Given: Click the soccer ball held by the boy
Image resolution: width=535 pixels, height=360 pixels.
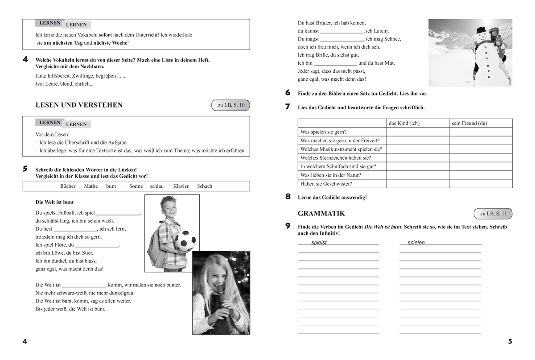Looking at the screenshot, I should pyautogui.click(x=185, y=241).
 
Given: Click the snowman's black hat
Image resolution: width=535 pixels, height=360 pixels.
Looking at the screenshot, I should pyautogui.click(x=481, y=30).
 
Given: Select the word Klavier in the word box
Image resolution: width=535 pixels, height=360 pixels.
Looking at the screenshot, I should pyautogui.click(x=181, y=186).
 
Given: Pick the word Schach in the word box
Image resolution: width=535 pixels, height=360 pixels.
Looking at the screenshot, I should pyautogui.click(x=205, y=186).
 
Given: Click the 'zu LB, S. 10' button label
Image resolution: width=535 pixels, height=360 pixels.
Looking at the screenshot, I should pyautogui.click(x=231, y=105).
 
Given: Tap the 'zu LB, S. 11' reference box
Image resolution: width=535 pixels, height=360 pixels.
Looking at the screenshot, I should pyautogui.click(x=494, y=214).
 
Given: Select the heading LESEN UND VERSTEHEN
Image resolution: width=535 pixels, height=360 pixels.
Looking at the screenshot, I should pyautogui.click(x=79, y=105).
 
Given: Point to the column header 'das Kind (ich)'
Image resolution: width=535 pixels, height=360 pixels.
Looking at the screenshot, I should pyautogui.click(x=404, y=123).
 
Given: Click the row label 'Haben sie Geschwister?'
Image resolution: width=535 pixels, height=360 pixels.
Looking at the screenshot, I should pyautogui.click(x=326, y=184).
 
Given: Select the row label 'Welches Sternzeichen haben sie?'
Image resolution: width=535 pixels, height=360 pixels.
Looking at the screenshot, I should pyautogui.click(x=336, y=158).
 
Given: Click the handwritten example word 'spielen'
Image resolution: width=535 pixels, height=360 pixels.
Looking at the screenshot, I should pyautogui.click(x=416, y=243).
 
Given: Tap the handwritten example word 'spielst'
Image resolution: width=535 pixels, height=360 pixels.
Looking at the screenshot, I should pyautogui.click(x=319, y=243).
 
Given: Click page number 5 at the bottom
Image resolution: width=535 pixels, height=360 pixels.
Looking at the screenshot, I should pyautogui.click(x=510, y=342).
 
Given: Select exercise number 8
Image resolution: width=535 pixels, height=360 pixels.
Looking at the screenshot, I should pyautogui.click(x=288, y=196).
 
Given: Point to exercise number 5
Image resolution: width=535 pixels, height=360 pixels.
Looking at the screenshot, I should pyautogui.click(x=25, y=169).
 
